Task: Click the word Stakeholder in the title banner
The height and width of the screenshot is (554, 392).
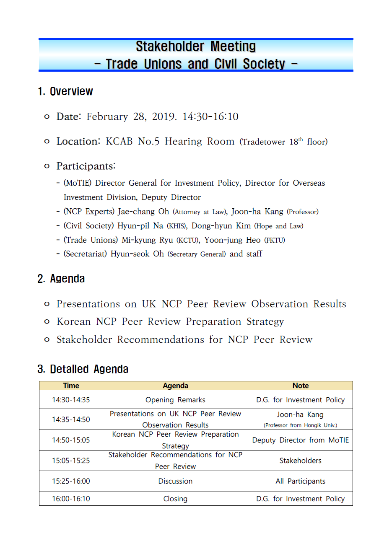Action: point(169,46)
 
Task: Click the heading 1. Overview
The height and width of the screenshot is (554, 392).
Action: point(65,91)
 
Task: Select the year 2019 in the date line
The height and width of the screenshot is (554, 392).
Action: point(164,116)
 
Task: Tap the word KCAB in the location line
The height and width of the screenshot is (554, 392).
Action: point(119,142)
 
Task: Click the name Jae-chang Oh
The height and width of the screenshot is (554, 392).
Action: point(143,212)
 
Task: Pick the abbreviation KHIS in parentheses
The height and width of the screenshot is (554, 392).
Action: point(177,226)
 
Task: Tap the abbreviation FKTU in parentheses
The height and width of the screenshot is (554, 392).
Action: point(275,240)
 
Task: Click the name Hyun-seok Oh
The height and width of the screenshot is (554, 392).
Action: point(137,254)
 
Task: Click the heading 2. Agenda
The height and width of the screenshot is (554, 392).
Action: point(61,279)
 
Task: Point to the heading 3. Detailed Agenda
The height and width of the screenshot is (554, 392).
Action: point(83,369)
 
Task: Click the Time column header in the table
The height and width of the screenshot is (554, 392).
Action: point(71,386)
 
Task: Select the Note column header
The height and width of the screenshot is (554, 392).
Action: point(300,386)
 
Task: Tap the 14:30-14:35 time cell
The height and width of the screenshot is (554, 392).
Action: point(71,400)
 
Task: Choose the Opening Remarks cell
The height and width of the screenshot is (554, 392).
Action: point(175,400)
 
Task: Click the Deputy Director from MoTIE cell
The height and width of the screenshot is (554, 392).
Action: point(300,440)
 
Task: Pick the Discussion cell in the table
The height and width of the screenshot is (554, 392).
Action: point(175,481)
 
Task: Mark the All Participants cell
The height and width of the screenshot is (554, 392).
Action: point(300,481)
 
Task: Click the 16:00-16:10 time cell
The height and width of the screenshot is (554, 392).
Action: point(71,499)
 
